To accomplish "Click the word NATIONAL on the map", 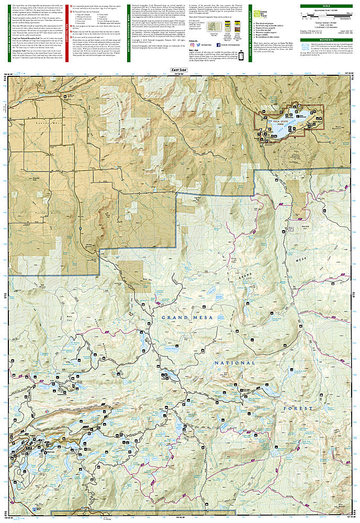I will coord(234,362).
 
